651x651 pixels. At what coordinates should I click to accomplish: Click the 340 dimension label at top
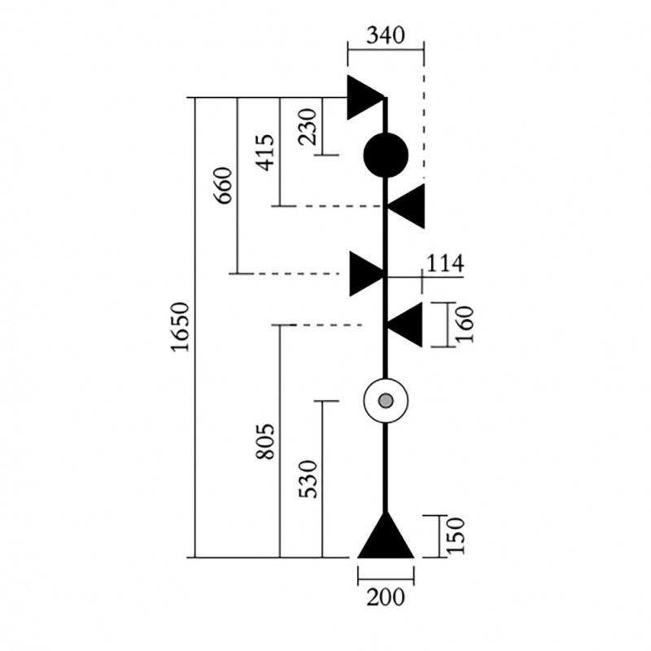[x=385, y=36]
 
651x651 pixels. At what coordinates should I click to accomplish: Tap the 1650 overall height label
[x=181, y=327]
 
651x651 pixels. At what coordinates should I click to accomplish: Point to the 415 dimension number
[x=265, y=152]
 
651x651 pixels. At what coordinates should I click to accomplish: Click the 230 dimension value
[x=308, y=127]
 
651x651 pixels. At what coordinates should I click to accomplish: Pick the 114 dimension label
[x=444, y=263]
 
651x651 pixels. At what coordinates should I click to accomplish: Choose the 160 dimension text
[x=465, y=324]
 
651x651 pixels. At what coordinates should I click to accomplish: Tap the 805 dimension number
[x=265, y=441]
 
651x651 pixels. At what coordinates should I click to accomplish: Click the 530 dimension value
[x=308, y=479]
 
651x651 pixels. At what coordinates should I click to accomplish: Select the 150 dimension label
[x=455, y=535]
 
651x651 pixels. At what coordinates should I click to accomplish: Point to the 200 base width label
[x=385, y=597]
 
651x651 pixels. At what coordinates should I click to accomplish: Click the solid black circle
[x=386, y=155]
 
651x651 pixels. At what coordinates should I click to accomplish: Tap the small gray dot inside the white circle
[x=386, y=400]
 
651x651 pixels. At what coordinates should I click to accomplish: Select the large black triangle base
[x=386, y=540]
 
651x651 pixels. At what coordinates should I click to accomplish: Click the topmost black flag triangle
[x=363, y=98]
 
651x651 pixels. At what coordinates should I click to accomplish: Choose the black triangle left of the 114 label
[x=365, y=273]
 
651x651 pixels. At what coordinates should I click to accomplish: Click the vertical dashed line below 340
[x=423, y=123]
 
